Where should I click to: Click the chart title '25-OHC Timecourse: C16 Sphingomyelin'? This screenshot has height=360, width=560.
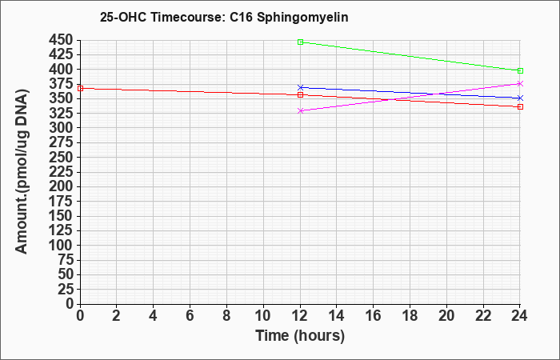pyautogui.click(x=224, y=17)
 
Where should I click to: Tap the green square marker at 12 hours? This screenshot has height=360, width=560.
pyautogui.click(x=300, y=42)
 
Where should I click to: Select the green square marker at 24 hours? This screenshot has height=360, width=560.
pyautogui.click(x=520, y=70)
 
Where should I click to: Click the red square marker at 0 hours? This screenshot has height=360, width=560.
pyautogui.click(x=80, y=88)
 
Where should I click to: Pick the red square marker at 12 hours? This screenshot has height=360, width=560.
pyautogui.click(x=300, y=94)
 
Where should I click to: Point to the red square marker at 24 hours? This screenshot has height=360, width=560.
pyautogui.click(x=520, y=106)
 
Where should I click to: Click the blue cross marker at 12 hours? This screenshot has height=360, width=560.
pyautogui.click(x=300, y=87)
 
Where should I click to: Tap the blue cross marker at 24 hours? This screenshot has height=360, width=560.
pyautogui.click(x=520, y=98)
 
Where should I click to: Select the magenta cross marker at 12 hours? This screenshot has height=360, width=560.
pyautogui.click(x=300, y=110)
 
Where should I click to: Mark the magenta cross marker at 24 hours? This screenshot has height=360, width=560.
pyautogui.click(x=520, y=83)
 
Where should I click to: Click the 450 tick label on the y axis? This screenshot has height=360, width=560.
pyautogui.click(x=61, y=40)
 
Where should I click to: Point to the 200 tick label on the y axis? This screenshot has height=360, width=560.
pyautogui.click(x=61, y=186)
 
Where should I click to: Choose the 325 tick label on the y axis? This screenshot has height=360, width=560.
pyautogui.click(x=61, y=114)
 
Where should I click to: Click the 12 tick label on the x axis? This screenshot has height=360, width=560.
pyautogui.click(x=300, y=316)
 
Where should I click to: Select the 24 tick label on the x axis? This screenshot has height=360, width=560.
pyautogui.click(x=519, y=316)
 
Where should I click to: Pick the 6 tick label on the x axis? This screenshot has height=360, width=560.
pyautogui.click(x=190, y=316)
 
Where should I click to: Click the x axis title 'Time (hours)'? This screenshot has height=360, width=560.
pyautogui.click(x=300, y=336)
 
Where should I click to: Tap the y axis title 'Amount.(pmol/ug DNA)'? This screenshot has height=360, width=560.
pyautogui.click(x=22, y=172)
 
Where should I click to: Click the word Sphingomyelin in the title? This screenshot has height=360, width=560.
pyautogui.click(x=302, y=18)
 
